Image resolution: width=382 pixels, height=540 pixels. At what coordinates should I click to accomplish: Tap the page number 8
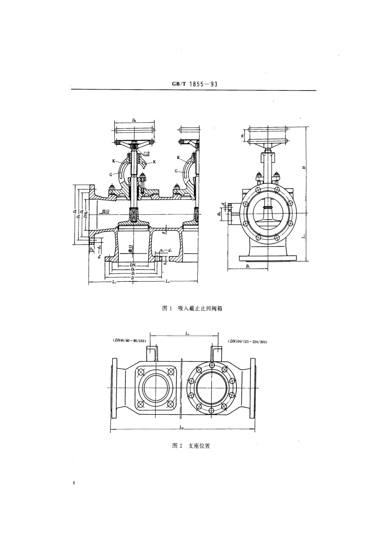[74, 483]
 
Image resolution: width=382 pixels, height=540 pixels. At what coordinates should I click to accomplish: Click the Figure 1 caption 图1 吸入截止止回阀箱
[192, 308]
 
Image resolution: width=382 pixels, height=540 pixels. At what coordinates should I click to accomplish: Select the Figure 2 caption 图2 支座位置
[191, 446]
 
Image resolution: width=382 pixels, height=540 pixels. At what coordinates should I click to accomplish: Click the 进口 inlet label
[130, 249]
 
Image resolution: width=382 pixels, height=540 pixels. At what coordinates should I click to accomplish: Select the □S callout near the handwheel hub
[147, 154]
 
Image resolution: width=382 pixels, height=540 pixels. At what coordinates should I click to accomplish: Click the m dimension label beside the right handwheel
[243, 136]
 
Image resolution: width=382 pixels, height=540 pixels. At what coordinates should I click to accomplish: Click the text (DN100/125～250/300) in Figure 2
[248, 342]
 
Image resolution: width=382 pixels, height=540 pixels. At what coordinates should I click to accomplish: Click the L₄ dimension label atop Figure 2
[187, 333]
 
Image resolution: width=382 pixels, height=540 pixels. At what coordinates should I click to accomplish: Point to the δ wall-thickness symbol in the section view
[164, 232]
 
